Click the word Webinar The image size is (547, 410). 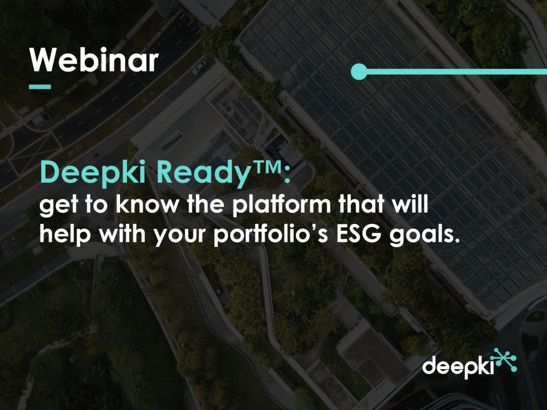pyautogui.click(x=94, y=60)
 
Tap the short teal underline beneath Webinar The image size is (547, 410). pyautogui.click(x=40, y=87)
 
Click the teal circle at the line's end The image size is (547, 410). pyautogui.click(x=359, y=72)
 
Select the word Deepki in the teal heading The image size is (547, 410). pyautogui.click(x=93, y=173)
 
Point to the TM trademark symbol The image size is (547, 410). pyautogui.click(x=267, y=168)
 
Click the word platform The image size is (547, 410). pyautogui.click(x=282, y=204)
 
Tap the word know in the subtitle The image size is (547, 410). pyautogui.click(x=147, y=204)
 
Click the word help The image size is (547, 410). pyautogui.click(x=65, y=234)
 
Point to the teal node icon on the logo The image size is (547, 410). pyautogui.click(x=506, y=360)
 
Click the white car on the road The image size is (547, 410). pyautogui.click(x=199, y=67)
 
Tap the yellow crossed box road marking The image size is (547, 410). pyautogui.click(x=35, y=153)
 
